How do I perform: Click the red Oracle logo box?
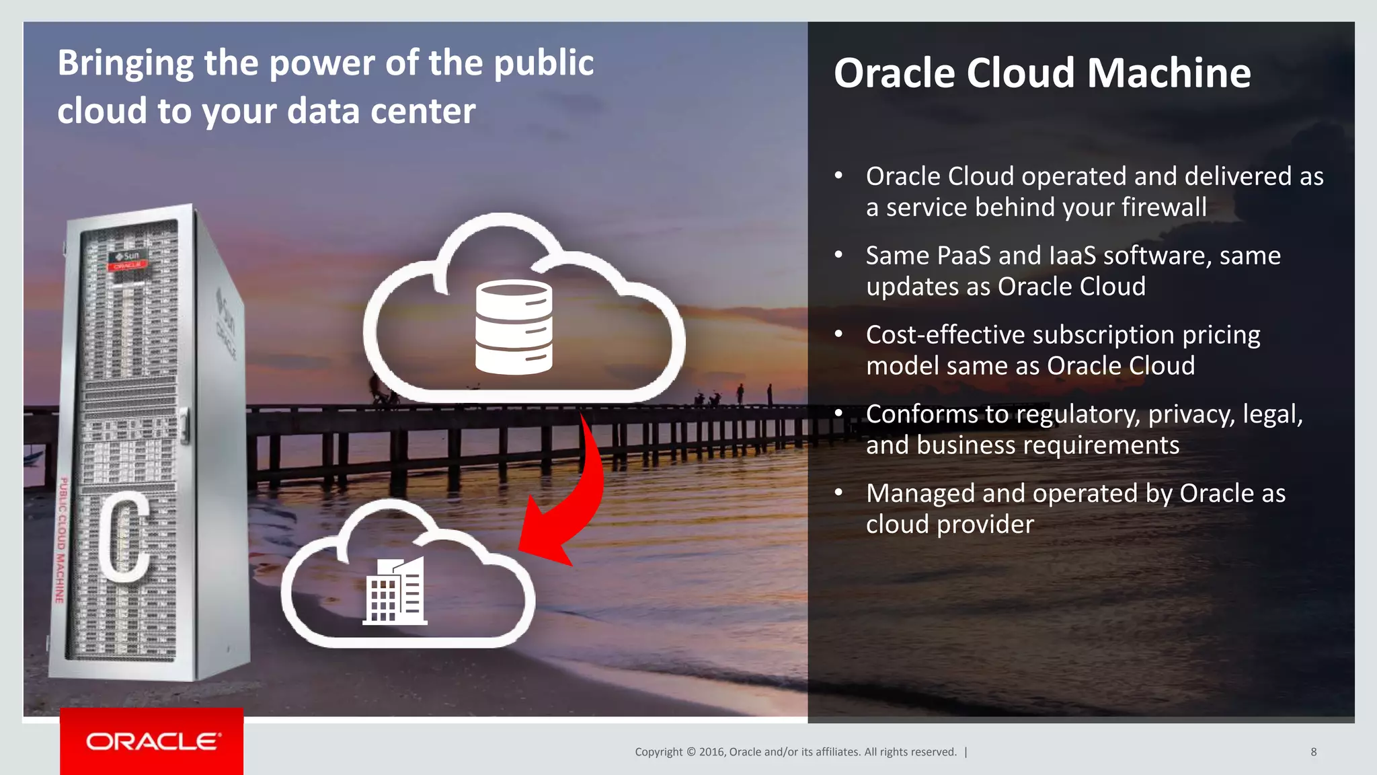point(152,741)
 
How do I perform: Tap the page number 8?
point(1313,752)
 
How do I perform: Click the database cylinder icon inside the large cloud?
point(514,327)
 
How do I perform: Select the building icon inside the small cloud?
point(395,591)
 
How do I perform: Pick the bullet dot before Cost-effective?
point(838,334)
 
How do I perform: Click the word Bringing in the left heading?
point(126,63)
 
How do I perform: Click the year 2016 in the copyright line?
point(711,752)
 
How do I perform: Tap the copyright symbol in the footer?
point(691,752)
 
